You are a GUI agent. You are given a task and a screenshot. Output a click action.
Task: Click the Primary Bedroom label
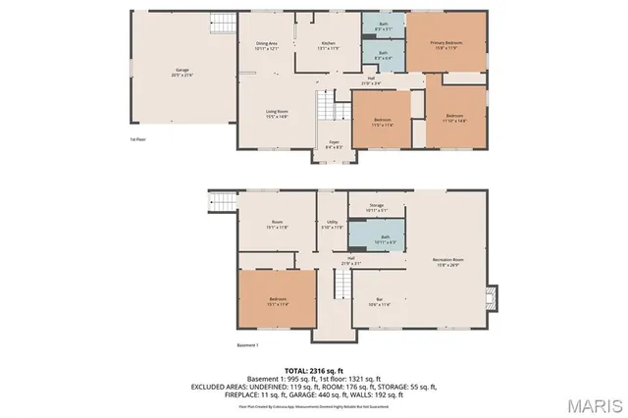[x=445, y=45]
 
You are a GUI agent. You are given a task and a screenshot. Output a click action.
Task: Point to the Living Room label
[x=276, y=114]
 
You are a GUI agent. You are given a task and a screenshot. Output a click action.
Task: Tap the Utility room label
[x=333, y=225]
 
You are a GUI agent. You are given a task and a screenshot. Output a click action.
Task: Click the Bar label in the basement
[x=378, y=301]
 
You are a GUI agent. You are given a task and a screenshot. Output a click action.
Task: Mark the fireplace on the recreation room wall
[x=493, y=296]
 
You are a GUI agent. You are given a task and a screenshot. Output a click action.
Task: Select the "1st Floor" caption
[x=138, y=139]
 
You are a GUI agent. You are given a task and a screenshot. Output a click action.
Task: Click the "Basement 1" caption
[x=247, y=345]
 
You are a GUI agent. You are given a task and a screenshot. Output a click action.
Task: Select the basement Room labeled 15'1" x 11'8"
[x=278, y=224]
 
